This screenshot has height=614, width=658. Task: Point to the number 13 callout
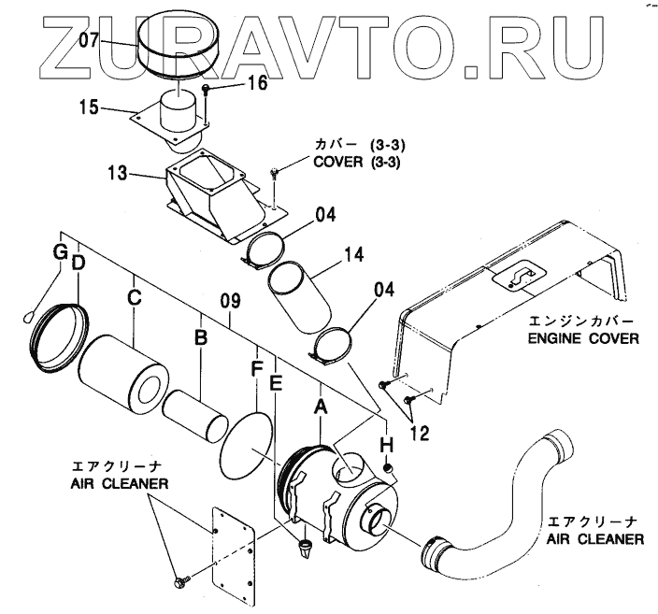point(117,175)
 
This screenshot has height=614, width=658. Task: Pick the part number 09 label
point(230,301)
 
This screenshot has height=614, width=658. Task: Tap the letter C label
point(135,297)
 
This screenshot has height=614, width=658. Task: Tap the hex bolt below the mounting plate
point(179,583)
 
